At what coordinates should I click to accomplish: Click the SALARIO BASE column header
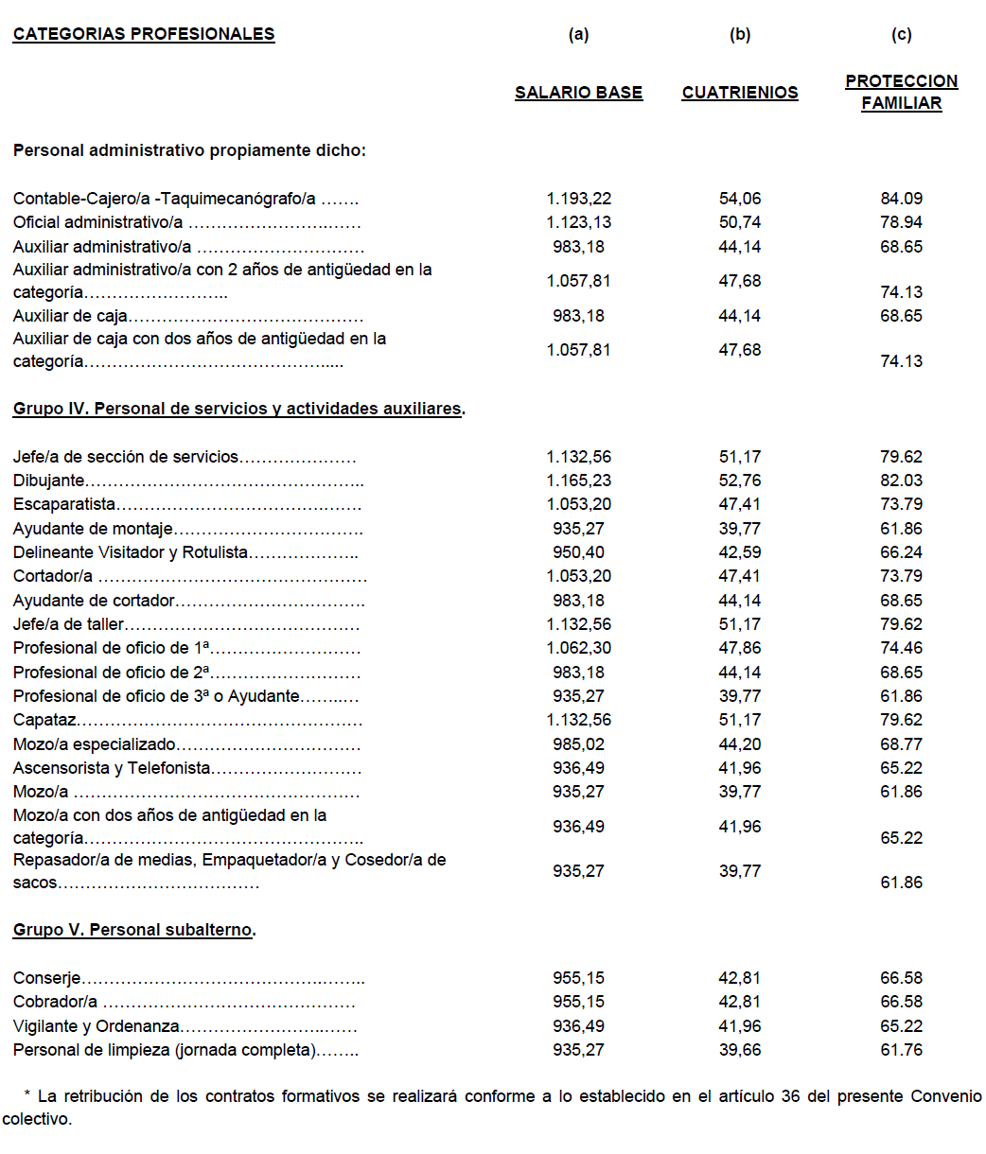pos(578,93)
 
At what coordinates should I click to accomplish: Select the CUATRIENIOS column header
pos(740,93)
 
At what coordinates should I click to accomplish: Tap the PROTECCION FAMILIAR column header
pos(901,93)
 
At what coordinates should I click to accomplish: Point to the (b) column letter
pos(740,35)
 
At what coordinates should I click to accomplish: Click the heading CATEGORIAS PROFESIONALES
pos(144,35)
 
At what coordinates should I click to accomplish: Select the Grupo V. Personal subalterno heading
pos(134,930)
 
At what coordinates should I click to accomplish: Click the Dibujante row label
pos(49,481)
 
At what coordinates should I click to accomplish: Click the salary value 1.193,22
pos(578,199)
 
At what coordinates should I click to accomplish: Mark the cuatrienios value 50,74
pos(740,222)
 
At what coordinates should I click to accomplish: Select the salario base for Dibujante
pos(578,481)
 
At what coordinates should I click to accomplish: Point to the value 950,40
pos(578,552)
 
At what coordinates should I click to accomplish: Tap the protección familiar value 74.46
pos(901,648)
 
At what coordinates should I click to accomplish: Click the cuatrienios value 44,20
pos(740,744)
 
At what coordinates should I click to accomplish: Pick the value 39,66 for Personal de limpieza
pos(740,1050)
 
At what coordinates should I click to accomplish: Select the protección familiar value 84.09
pos(901,199)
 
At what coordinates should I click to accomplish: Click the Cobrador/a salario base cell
pos(578,1002)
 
